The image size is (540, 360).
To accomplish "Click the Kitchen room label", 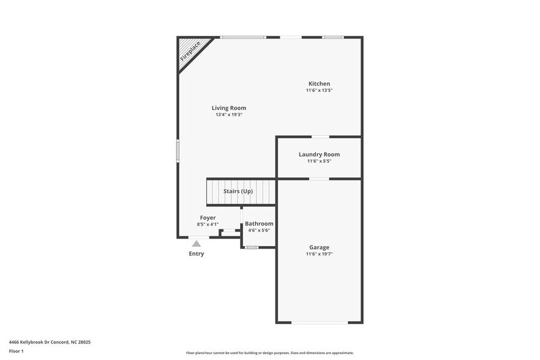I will [319, 84].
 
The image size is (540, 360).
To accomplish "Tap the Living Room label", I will [229, 108].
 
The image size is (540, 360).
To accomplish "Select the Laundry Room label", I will [319, 154].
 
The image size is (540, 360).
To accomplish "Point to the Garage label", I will [319, 247].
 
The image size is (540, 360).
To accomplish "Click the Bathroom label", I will [259, 224].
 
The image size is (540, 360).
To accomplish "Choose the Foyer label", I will [208, 217].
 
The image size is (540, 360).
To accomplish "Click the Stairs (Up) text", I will [238, 191].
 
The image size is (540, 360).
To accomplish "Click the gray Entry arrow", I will [196, 244].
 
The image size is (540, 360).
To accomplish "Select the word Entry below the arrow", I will [197, 253].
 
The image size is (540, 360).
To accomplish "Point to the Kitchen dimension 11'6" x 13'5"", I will [319, 91].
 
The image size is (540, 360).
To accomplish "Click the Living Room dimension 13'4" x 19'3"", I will [229, 114].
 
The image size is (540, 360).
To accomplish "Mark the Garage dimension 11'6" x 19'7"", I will [319, 254].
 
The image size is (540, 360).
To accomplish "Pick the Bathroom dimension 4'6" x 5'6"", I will [259, 231].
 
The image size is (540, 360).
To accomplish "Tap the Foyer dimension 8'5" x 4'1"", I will [208, 224].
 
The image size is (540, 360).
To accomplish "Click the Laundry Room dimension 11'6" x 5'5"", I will [319, 161].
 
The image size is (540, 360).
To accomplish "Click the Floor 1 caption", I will [16, 351].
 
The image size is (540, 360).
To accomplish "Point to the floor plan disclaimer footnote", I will [269, 353].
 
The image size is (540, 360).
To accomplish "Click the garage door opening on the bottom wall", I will [318, 322].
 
